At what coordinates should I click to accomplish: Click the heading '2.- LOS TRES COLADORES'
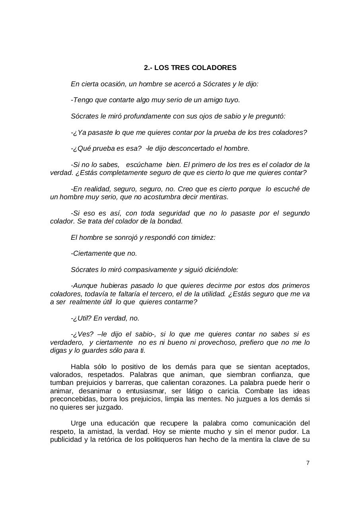(190, 68)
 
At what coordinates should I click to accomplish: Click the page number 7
(308, 463)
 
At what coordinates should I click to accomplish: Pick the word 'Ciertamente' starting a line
(90, 254)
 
